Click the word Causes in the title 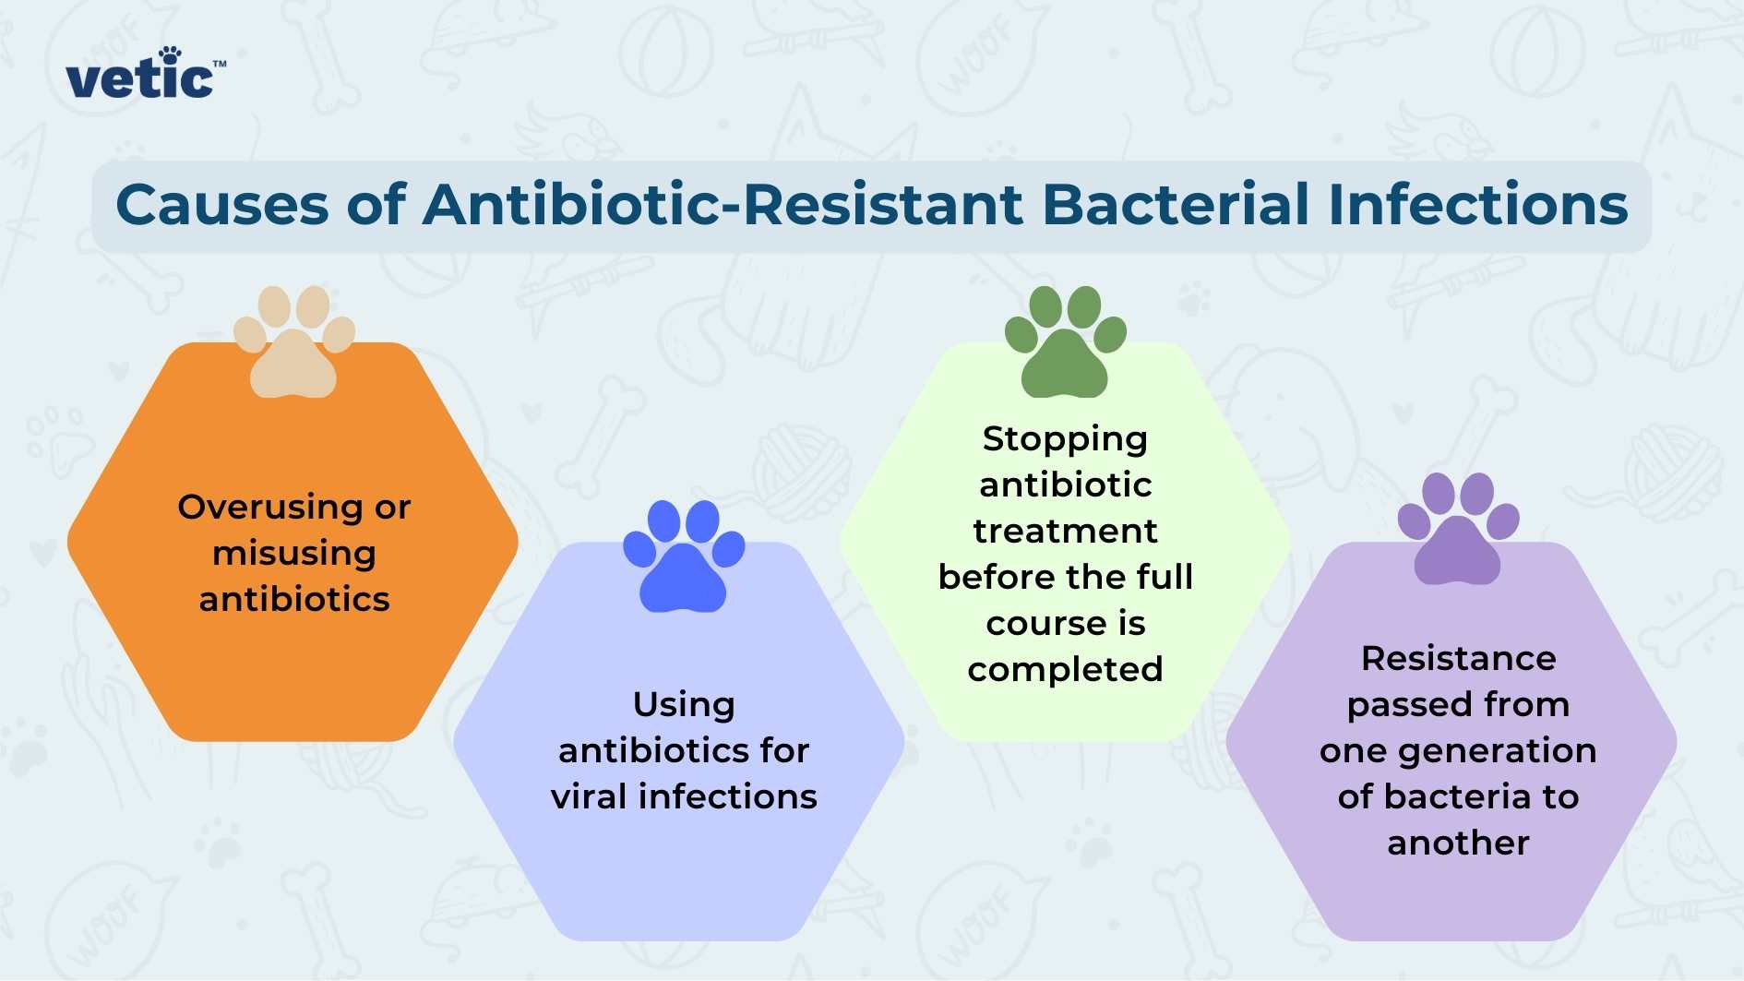pos(221,204)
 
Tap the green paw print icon pos(1065,342)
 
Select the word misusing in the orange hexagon pos(294,553)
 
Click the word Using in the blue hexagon pos(684,704)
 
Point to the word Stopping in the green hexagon pos(1065,438)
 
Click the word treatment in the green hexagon pos(1065,531)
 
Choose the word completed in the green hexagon pos(1065,669)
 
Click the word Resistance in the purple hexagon pos(1458,658)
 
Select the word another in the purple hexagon pos(1458,843)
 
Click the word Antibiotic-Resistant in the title pos(723,204)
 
